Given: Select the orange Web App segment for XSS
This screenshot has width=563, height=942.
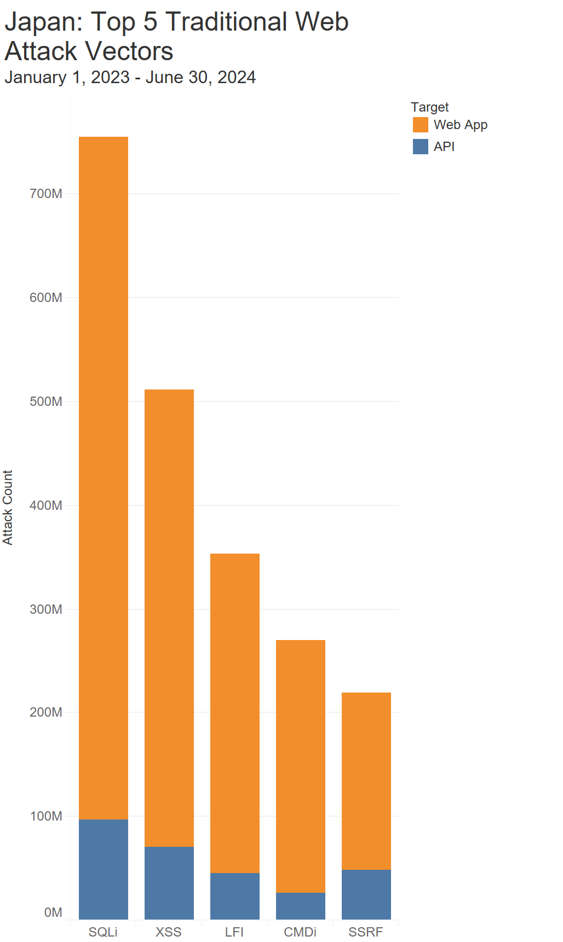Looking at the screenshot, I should (169, 618).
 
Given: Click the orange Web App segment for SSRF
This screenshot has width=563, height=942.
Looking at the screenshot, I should (366, 781).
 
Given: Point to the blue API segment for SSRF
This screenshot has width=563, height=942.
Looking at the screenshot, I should (366, 894).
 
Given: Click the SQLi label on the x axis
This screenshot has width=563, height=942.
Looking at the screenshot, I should (104, 932).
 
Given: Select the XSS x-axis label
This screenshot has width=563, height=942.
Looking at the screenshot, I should (169, 932).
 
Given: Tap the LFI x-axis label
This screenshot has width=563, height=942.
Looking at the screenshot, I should (234, 932).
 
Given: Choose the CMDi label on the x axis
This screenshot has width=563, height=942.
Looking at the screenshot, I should (300, 932).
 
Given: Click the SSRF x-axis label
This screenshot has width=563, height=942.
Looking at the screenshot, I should (366, 932).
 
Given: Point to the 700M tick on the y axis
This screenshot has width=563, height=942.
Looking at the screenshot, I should (46, 194).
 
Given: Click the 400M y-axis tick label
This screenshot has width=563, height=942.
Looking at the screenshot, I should (46, 505).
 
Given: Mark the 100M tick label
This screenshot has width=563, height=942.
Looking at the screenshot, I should (46, 816).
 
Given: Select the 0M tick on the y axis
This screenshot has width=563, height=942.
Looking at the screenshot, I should (53, 912).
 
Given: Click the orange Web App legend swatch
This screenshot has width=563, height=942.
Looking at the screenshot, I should (421, 125).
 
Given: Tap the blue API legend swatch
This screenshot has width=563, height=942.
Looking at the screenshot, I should (421, 147).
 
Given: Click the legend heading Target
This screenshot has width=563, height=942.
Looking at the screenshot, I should (430, 107).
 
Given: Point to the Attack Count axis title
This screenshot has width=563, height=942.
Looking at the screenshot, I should (8, 507).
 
